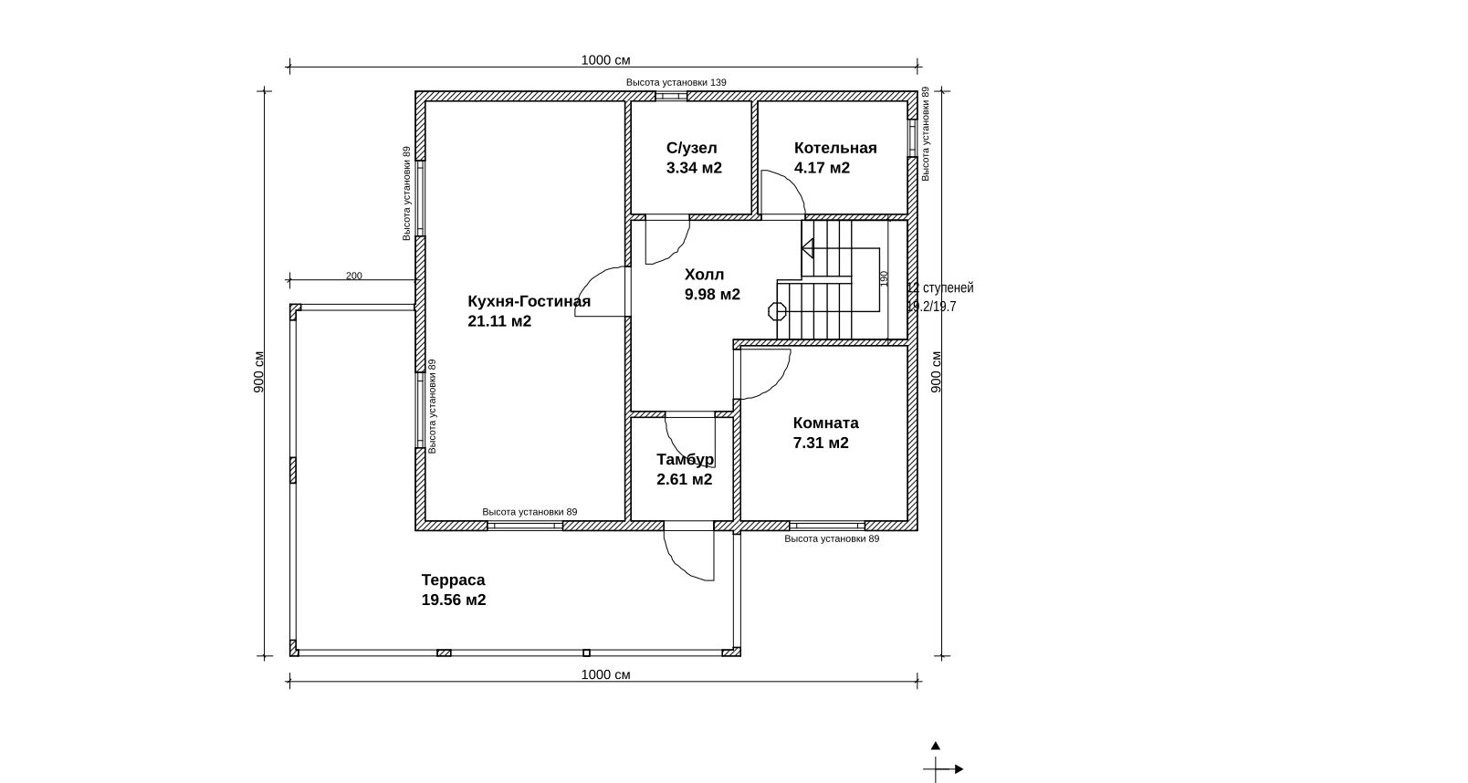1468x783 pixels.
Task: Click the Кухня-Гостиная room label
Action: pyautogui.click(x=529, y=301)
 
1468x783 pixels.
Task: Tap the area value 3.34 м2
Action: pyautogui.click(x=694, y=168)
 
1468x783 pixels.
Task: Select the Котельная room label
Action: pyautogui.click(x=835, y=148)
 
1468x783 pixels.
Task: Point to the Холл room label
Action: pyautogui.click(x=704, y=275)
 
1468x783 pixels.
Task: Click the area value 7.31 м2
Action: pyautogui.click(x=821, y=443)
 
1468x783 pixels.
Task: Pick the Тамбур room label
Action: pyautogui.click(x=685, y=459)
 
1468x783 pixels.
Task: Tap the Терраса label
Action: pyautogui.click(x=453, y=579)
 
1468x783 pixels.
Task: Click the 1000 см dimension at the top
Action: pyautogui.click(x=605, y=60)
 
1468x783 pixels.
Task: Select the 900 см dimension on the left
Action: pyautogui.click(x=259, y=372)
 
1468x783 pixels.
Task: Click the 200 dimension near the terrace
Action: pyautogui.click(x=354, y=276)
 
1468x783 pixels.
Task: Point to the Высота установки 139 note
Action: pyautogui.click(x=676, y=82)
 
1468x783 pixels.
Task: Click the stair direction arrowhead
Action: pyautogui.click(x=807, y=248)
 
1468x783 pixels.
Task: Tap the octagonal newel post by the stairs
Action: pyautogui.click(x=777, y=311)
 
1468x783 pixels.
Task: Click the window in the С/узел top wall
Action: pyautogui.click(x=671, y=97)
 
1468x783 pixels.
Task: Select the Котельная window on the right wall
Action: pyautogui.click(x=912, y=138)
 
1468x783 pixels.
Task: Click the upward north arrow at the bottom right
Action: pyautogui.click(x=935, y=746)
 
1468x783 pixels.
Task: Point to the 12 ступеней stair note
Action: pyautogui.click(x=939, y=287)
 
